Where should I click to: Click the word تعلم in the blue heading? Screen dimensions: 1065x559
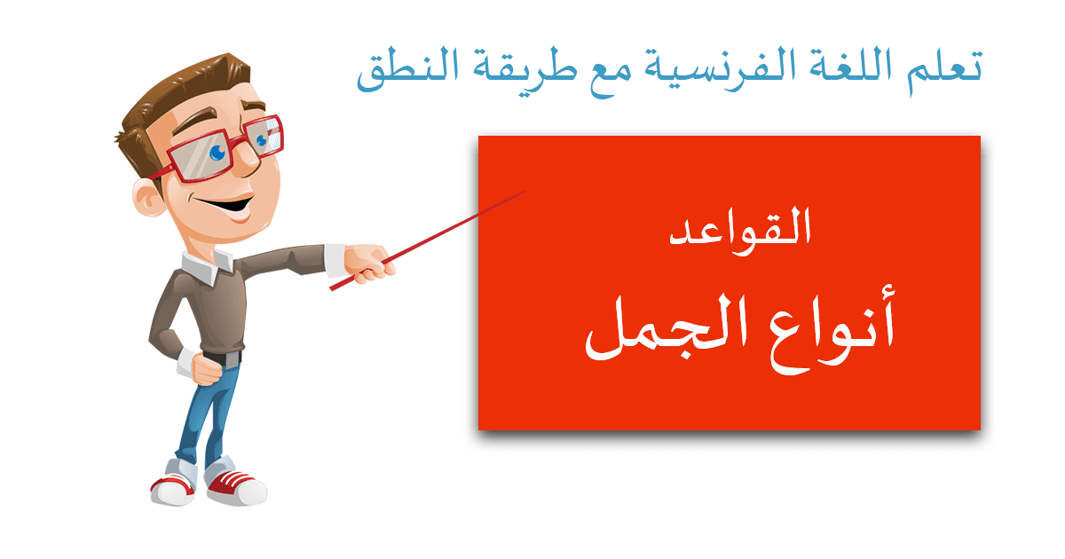click(943, 71)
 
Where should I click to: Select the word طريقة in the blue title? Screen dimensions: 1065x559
click(525, 72)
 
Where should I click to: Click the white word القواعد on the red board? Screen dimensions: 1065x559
click(740, 232)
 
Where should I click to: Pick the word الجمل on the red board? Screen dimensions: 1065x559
click(666, 327)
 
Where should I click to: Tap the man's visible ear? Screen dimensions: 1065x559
click(148, 197)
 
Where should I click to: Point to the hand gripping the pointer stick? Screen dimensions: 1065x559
click(369, 264)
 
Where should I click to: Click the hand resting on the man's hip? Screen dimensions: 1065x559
click(206, 369)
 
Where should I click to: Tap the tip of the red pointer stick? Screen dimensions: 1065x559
click(525, 192)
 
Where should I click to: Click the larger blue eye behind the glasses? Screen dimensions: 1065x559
click(217, 152)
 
